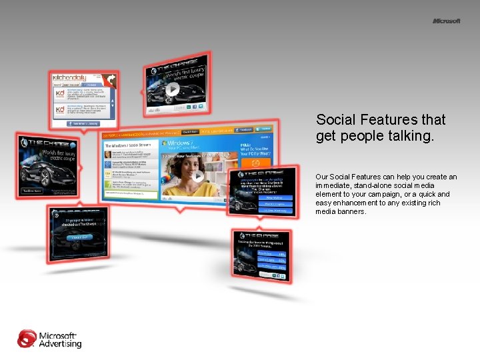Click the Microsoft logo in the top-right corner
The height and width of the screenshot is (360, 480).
pos(446,21)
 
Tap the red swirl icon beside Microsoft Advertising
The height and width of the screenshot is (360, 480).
pos(27,339)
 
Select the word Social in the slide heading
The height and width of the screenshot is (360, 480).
pos(334,120)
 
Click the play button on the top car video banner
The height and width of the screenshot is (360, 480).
pos(172,89)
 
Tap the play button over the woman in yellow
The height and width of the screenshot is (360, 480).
pos(198,177)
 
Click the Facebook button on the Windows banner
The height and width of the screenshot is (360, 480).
pos(245,129)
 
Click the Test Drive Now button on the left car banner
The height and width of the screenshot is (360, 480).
pos(33,191)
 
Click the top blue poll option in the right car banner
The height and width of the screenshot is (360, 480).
pos(273,197)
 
